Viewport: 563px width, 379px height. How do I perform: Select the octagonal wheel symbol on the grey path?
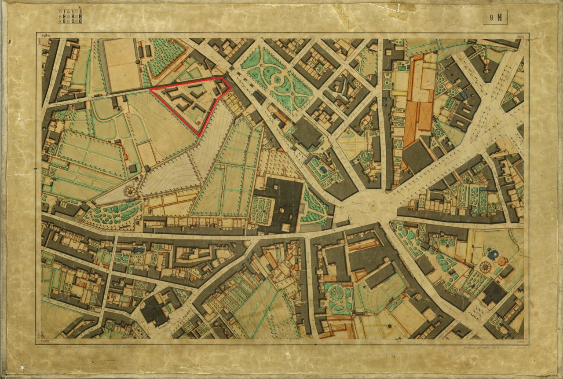(130, 192)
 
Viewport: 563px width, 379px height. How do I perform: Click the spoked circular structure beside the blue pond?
(486, 267)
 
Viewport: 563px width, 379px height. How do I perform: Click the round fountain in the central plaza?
(373, 206)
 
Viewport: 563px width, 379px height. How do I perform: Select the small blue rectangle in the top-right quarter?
(464, 95)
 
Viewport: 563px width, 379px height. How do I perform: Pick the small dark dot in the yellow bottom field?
(390, 325)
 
